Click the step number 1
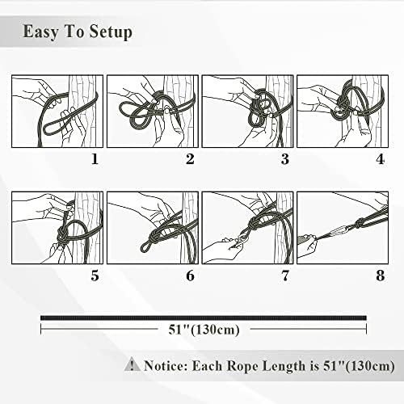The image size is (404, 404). [95, 159]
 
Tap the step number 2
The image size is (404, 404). [190, 159]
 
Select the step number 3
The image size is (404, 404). [285, 159]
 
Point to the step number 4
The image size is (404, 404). [380, 159]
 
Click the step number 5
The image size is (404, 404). [95, 276]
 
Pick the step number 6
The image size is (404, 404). [190, 276]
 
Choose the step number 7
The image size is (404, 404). [285, 276]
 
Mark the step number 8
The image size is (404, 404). [380, 276]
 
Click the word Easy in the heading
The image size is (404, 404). [40, 32]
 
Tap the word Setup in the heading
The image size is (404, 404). [111, 32]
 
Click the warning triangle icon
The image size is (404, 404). [132, 364]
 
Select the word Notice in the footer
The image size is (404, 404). [166, 366]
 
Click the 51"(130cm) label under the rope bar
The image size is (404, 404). [204, 329]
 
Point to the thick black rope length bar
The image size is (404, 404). [204, 318]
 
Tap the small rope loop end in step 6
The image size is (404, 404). [145, 246]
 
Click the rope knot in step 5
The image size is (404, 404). [62, 235]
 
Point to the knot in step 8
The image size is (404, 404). [360, 223]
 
